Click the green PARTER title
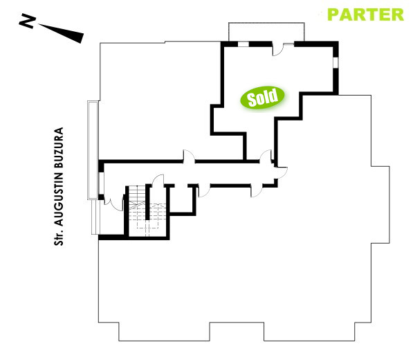[365, 14]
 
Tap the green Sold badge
[264, 98]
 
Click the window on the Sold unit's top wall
[243, 44]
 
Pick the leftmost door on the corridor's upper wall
[187, 158]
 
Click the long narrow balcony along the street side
[91, 149]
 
